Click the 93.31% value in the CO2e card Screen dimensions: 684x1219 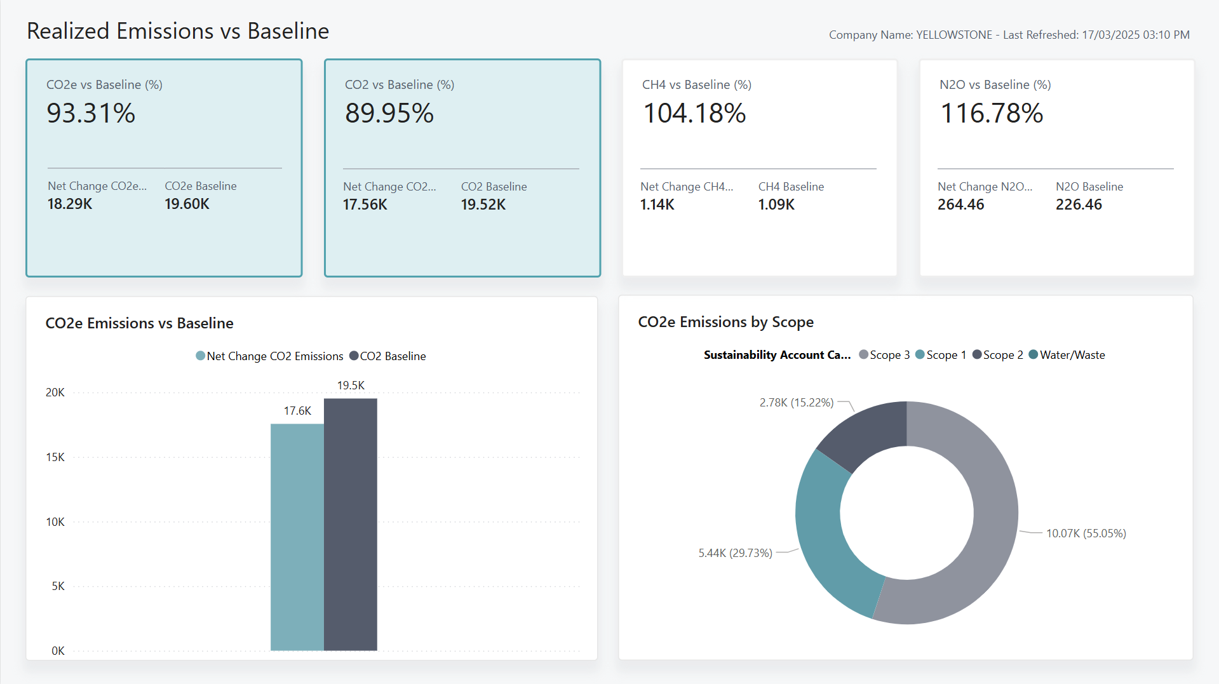(x=91, y=114)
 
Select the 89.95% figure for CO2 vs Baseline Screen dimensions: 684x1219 (x=389, y=114)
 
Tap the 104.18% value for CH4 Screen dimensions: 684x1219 (x=694, y=114)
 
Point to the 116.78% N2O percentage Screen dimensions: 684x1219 (x=991, y=114)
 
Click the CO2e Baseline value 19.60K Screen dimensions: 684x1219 (x=187, y=204)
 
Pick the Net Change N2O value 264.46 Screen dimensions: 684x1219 (x=960, y=205)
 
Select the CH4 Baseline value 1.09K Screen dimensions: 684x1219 (x=776, y=205)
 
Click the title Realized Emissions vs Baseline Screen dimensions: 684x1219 (x=178, y=31)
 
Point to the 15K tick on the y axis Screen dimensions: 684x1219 (x=55, y=457)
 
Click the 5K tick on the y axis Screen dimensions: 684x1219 (x=58, y=586)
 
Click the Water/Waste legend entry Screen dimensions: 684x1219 (x=1067, y=355)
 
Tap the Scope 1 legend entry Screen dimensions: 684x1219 (x=941, y=355)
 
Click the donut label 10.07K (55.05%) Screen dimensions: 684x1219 (x=1086, y=533)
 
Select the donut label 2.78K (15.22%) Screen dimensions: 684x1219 (x=796, y=403)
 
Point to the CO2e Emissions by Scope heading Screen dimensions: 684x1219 (x=725, y=322)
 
